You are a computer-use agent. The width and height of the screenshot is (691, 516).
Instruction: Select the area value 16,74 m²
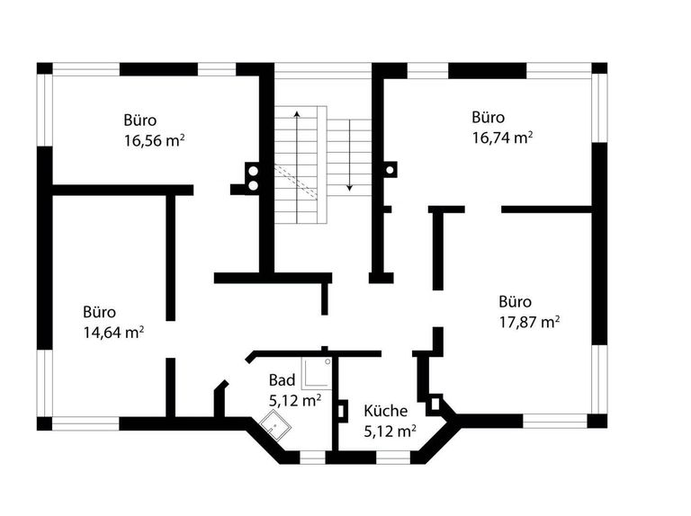[x=501, y=137]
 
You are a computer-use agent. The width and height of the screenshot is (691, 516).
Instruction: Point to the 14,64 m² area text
[x=113, y=332]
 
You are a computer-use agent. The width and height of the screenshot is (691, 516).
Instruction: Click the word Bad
[x=282, y=380]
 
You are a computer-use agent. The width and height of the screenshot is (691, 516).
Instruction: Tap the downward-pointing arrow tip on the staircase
[x=348, y=191]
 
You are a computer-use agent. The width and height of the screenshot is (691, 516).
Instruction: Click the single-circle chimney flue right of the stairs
[x=390, y=168]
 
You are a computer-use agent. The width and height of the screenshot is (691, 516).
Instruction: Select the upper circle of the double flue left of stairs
[x=253, y=169]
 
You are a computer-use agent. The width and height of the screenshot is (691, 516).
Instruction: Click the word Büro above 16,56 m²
[x=140, y=120]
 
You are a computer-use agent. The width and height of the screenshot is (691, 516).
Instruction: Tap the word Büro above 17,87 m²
[x=516, y=301]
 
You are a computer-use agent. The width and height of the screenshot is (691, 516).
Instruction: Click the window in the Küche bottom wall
[x=392, y=458]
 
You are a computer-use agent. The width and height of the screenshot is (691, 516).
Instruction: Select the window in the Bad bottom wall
[x=312, y=458]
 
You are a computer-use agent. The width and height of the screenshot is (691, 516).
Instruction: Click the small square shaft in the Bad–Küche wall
[x=342, y=409]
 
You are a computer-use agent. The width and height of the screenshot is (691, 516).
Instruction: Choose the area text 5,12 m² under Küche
[x=389, y=431]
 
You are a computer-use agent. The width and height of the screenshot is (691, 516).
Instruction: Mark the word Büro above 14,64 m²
[x=99, y=312]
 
